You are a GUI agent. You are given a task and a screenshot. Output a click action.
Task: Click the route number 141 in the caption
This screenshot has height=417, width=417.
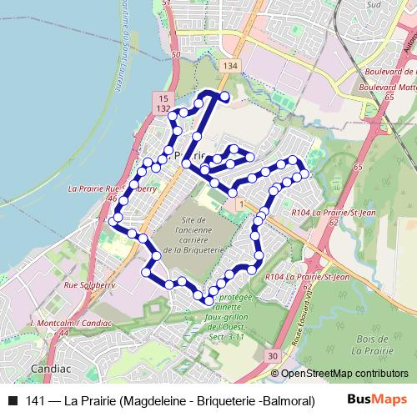36,401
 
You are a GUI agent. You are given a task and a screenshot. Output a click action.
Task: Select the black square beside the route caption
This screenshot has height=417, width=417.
12,401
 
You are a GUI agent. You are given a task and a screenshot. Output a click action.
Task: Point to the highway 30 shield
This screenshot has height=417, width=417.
274,356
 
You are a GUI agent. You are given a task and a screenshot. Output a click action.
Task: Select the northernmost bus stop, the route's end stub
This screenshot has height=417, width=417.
224,98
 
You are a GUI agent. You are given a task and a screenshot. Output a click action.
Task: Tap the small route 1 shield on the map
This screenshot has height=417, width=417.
240,203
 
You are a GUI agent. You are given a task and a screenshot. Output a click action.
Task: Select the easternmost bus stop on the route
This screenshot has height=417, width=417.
304,173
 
